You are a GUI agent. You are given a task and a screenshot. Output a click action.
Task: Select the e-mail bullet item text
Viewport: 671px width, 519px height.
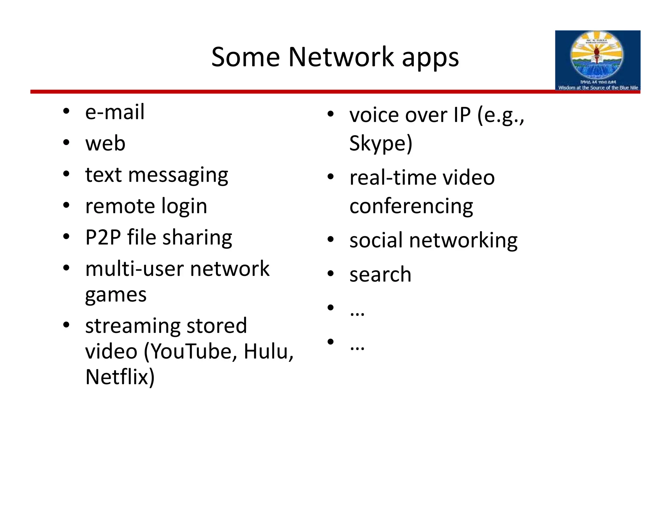click(115, 112)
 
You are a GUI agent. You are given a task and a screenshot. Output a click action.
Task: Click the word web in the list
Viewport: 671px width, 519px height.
click(105, 144)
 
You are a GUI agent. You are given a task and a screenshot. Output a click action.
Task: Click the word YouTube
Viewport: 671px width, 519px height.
click(193, 351)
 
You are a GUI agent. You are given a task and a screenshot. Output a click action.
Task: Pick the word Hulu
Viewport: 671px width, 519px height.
click(268, 351)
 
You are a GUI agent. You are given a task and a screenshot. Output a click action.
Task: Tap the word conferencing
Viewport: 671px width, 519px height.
click(411, 207)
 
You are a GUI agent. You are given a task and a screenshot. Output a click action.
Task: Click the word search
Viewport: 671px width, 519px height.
click(380, 275)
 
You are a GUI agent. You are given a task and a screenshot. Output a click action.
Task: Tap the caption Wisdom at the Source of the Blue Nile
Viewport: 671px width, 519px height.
click(598, 88)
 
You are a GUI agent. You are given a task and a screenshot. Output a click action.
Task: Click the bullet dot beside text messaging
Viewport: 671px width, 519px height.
click(67, 174)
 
